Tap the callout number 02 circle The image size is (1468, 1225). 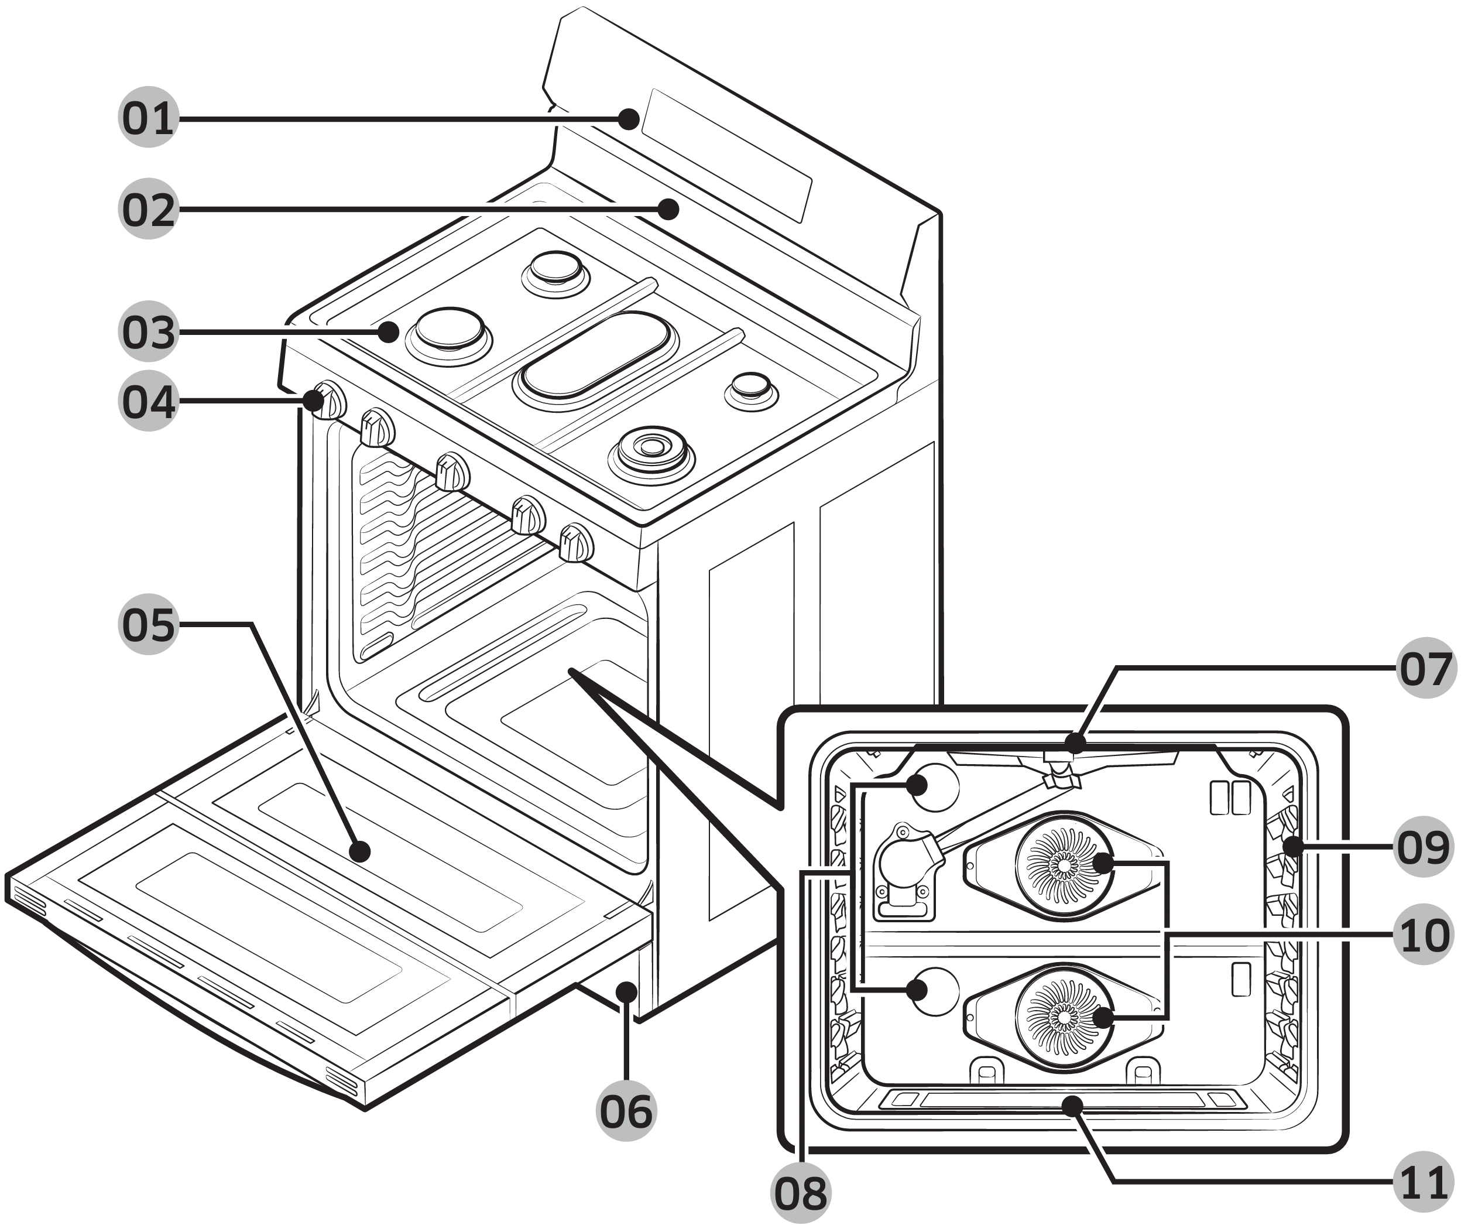coord(148,209)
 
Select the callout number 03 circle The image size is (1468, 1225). coord(148,331)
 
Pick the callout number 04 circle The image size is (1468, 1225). coord(148,401)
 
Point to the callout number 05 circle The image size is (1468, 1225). coord(148,624)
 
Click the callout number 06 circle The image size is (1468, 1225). coord(626,1111)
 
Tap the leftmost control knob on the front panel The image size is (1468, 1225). coord(328,401)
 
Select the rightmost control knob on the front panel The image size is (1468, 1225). coord(576,543)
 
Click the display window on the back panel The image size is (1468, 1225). coord(727,155)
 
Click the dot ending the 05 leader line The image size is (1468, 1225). coord(360,851)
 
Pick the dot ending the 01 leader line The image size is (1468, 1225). coord(630,119)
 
